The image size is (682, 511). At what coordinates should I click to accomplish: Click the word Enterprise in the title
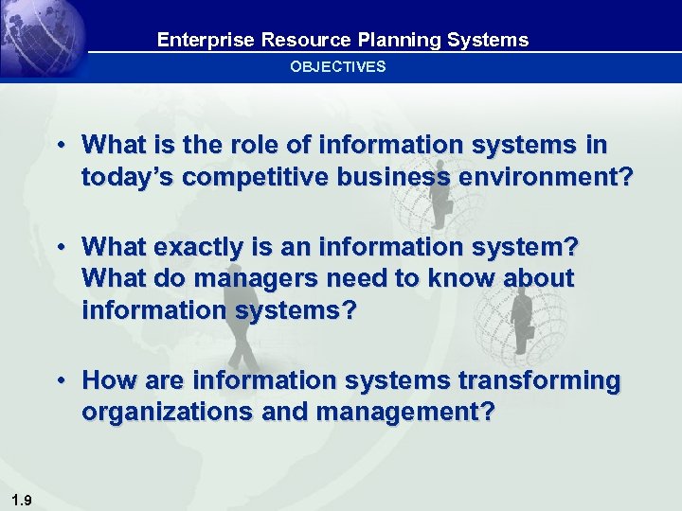click(192, 40)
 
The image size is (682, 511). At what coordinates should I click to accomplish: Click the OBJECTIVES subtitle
click(337, 66)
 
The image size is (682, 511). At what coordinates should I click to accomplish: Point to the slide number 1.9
click(21, 501)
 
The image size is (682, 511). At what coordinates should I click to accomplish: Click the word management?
click(404, 414)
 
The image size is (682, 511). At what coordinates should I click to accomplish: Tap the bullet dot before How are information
click(60, 381)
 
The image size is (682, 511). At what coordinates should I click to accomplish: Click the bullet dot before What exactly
click(60, 248)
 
